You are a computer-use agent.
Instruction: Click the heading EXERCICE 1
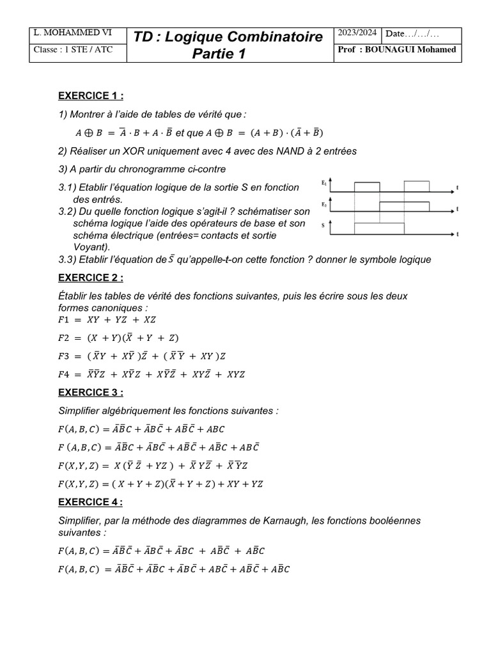tap(90, 96)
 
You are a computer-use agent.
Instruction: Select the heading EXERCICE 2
tap(90, 278)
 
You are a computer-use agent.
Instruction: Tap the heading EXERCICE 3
tap(90, 392)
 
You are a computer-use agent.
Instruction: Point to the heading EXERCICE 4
tap(90, 502)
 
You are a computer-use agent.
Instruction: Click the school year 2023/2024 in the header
tap(357, 33)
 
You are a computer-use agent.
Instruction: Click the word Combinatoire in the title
tap(276, 37)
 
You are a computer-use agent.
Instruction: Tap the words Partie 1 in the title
tap(219, 54)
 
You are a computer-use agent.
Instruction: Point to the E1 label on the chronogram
tap(324, 184)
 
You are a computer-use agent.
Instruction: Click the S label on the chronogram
tap(323, 226)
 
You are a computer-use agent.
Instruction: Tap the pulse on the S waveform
tap(380, 228)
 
